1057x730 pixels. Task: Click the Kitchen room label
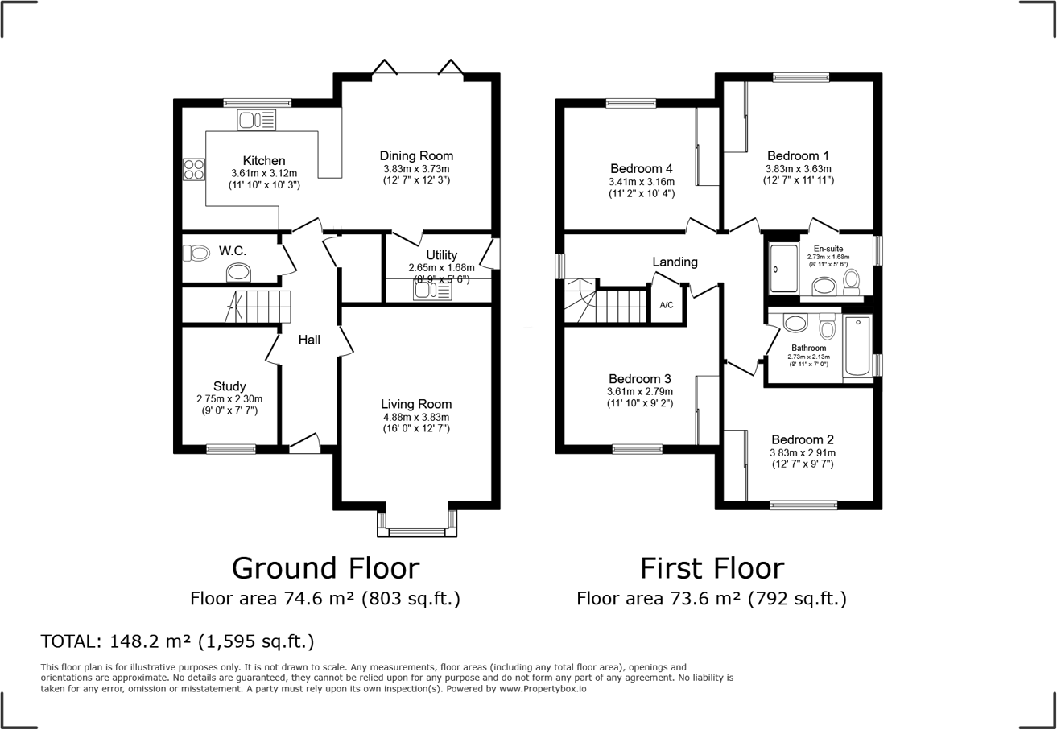point(264,160)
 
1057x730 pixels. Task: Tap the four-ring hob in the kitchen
point(194,169)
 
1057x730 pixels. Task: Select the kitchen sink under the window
point(256,120)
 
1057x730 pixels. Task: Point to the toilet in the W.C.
point(196,253)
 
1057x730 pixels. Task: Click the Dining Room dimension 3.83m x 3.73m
point(416,169)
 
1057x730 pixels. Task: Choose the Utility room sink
point(432,291)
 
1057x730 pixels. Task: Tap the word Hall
point(309,340)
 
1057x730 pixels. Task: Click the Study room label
point(229,386)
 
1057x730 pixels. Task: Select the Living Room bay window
point(417,524)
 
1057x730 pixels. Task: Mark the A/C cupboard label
point(667,305)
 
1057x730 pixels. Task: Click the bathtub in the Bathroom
point(857,347)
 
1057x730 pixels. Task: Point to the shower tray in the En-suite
point(784,268)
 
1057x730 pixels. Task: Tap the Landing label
point(675,262)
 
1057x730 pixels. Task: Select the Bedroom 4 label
point(642,168)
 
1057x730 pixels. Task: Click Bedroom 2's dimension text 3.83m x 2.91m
point(803,453)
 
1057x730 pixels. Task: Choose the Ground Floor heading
point(325,568)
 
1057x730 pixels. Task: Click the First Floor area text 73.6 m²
point(706,599)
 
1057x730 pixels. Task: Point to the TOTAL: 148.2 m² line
point(177,641)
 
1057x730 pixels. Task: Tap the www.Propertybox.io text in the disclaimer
point(543,689)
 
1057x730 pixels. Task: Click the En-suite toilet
point(851,281)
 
